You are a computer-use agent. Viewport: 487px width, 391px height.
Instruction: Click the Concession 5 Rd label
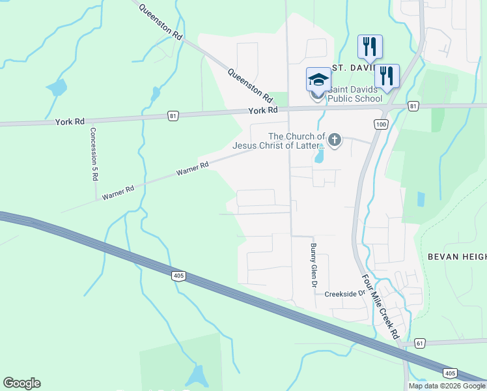[94, 153]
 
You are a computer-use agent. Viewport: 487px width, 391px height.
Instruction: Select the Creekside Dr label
[346, 294]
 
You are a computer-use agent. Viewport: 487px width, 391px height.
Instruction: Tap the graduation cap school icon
[318, 80]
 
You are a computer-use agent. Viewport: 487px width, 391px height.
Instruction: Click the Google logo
[22, 383]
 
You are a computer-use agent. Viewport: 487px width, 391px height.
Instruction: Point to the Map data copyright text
[446, 386]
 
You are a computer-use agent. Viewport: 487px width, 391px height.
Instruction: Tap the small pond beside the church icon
[319, 156]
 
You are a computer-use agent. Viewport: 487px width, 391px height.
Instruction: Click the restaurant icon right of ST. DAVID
[387, 76]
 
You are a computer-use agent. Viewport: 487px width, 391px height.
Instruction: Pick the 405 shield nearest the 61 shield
[450, 373]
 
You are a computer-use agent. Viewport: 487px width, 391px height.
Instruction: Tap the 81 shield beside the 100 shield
[413, 106]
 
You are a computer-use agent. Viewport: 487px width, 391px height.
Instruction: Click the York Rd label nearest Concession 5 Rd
[70, 121]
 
